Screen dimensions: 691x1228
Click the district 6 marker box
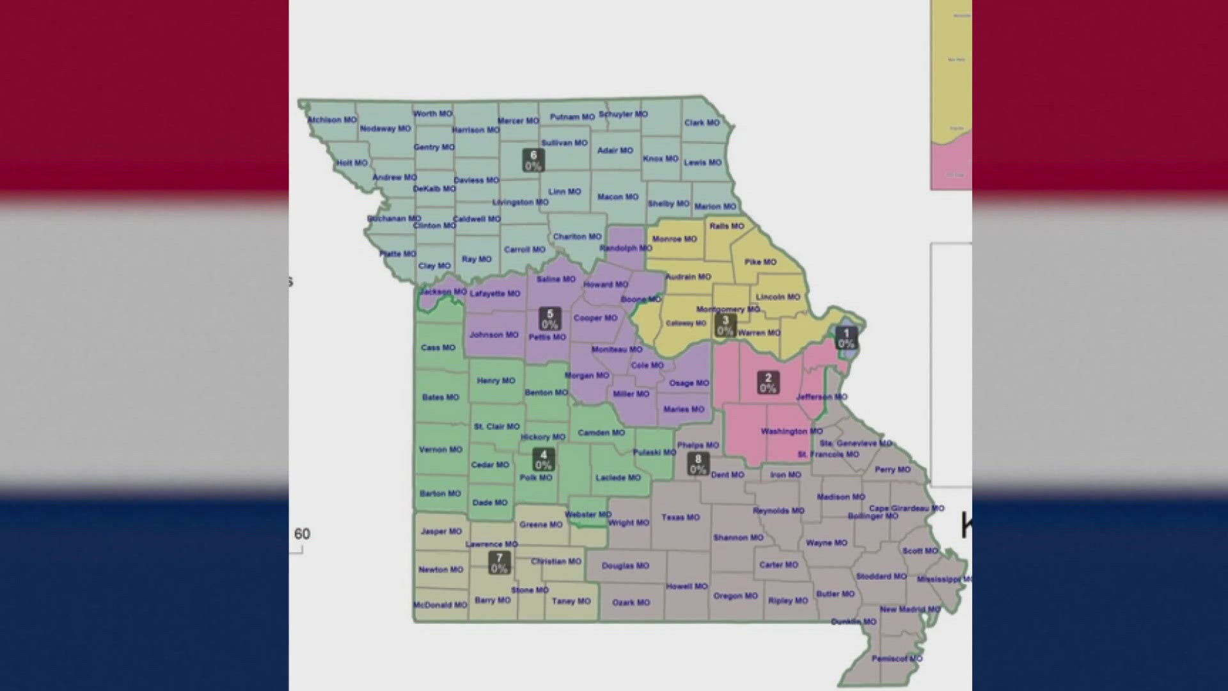coord(533,161)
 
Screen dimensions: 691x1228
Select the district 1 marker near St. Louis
coord(846,338)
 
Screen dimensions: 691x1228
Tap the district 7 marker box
coord(499,563)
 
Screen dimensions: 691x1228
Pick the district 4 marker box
coord(544,459)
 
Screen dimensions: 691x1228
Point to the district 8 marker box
coord(698,464)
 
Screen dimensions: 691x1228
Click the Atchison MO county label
coord(332,120)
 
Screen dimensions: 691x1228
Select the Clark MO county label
coord(702,122)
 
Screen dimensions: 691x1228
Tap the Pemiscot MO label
coord(897,658)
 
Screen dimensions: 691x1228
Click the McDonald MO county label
coord(440,605)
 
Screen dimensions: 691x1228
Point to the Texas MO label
coord(681,517)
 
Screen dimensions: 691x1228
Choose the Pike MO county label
coord(760,262)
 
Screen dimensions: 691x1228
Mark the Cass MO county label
coord(438,347)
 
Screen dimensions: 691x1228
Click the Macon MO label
coord(618,196)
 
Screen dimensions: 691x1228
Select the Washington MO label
coord(791,431)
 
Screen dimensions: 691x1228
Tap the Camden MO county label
coord(601,433)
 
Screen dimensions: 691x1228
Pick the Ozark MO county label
coord(631,602)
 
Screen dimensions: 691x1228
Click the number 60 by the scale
coord(302,534)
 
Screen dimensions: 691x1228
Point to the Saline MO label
coord(556,279)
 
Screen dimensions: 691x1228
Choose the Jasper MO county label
coord(441,531)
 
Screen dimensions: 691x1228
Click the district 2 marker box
coord(768,383)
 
